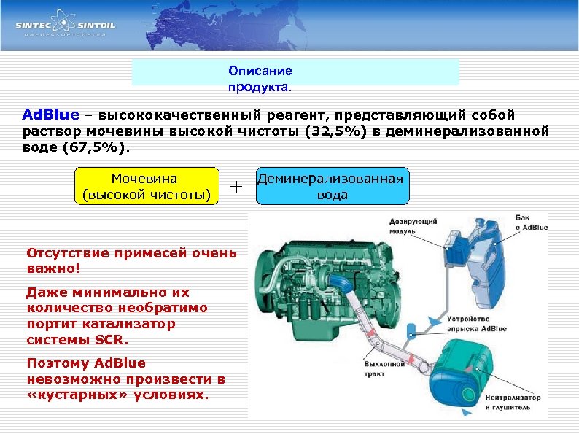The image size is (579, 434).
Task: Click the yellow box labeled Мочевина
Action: pos(147,186)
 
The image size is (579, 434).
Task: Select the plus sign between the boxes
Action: pos(236,187)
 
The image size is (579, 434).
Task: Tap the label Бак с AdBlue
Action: pos(530,222)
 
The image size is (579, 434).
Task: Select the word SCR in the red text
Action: pos(111,340)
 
